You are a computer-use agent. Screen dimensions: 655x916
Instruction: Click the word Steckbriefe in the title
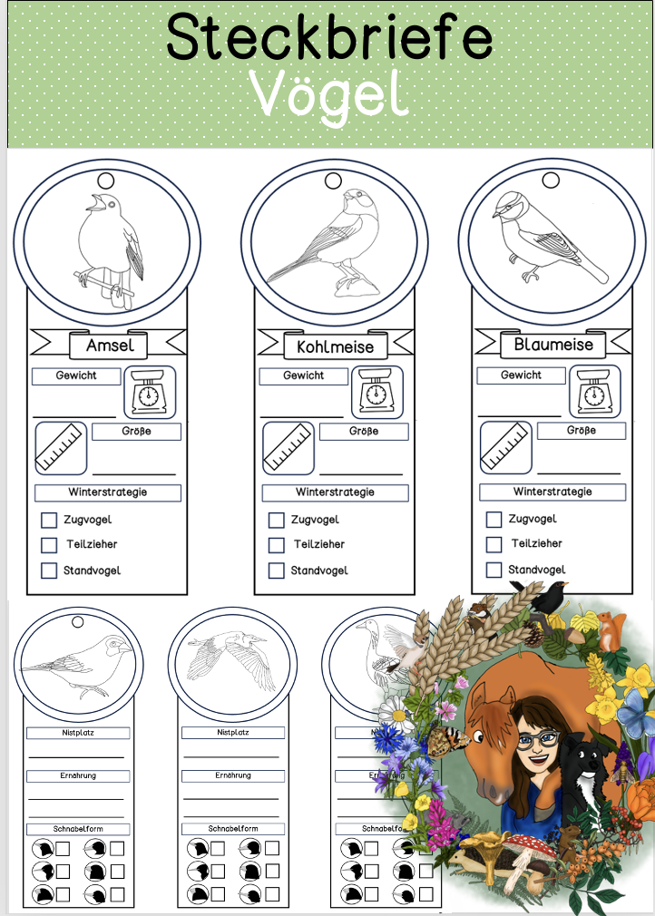click(329, 36)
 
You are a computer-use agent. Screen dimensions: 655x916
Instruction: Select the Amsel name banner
click(109, 345)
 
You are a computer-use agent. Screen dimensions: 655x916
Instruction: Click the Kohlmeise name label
click(336, 347)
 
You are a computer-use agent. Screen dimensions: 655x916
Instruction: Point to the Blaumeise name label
click(553, 345)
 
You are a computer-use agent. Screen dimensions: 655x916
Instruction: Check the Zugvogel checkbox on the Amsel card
click(49, 520)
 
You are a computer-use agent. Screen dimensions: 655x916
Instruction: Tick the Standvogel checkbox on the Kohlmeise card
click(277, 570)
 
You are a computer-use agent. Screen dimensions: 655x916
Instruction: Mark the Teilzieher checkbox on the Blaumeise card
click(494, 544)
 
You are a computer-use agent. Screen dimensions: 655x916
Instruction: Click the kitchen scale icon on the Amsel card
click(150, 393)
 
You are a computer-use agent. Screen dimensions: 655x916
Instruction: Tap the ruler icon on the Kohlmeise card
click(288, 448)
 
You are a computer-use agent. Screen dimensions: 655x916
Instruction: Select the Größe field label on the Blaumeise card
click(582, 431)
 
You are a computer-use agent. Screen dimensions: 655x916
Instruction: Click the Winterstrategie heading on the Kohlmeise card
click(335, 492)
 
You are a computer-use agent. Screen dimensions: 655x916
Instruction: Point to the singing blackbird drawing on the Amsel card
click(110, 249)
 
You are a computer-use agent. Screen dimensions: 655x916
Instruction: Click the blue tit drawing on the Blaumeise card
click(549, 237)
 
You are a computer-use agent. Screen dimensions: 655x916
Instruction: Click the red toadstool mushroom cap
click(531, 844)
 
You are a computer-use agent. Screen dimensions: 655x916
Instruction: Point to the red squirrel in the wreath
click(612, 631)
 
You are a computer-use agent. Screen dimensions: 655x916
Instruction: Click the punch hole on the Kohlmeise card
click(333, 181)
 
